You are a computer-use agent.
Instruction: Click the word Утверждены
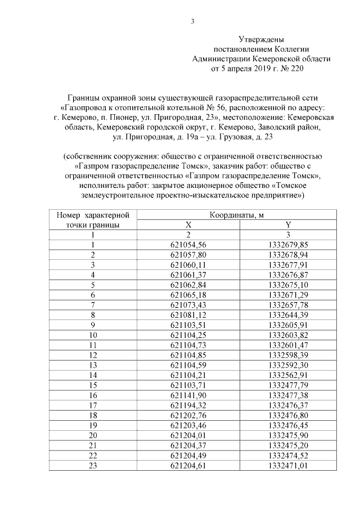(x=261, y=40)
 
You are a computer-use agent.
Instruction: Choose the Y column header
(x=288, y=225)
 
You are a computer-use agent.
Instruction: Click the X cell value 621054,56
(x=188, y=245)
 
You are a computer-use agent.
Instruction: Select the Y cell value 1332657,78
(x=288, y=304)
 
